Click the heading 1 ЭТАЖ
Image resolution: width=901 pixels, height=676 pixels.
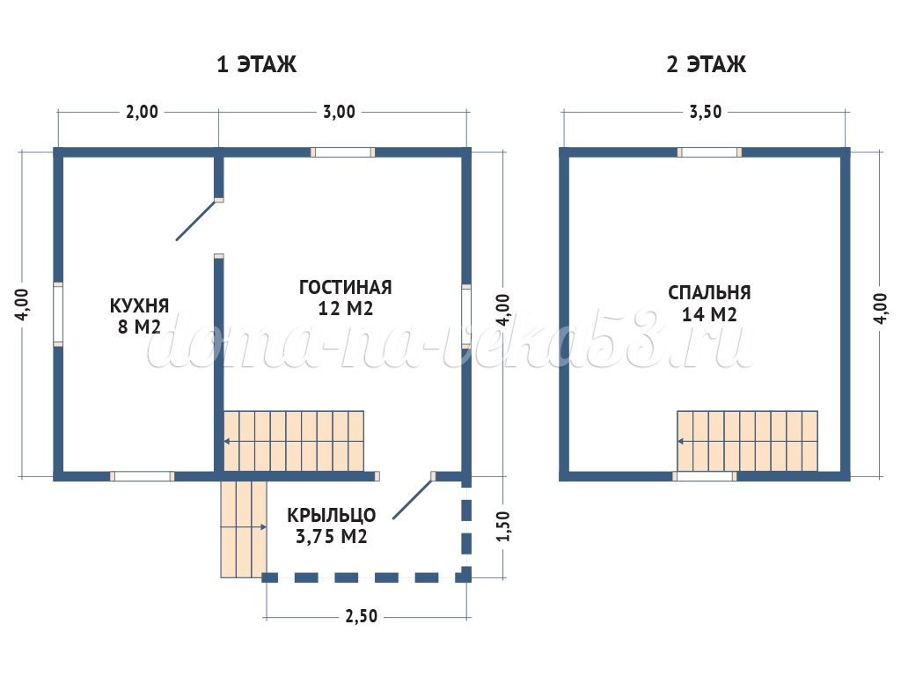(x=257, y=63)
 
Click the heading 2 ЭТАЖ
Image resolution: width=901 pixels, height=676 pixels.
(x=707, y=63)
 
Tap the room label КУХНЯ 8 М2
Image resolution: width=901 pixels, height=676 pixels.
(x=139, y=316)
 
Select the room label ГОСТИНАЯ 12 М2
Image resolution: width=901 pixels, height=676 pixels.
(x=345, y=298)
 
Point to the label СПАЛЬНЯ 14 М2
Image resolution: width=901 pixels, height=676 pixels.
(x=709, y=303)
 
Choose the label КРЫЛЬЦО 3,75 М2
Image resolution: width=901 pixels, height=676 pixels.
(x=332, y=525)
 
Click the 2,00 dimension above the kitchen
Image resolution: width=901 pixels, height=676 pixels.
(x=142, y=112)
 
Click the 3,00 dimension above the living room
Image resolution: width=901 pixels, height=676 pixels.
(x=339, y=112)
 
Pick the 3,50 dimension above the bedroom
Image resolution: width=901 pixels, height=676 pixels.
(x=706, y=112)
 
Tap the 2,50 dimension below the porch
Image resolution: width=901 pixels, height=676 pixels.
(x=361, y=616)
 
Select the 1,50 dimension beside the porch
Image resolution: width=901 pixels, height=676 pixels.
(x=502, y=526)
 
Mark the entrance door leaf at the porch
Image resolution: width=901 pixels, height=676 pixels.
(x=412, y=499)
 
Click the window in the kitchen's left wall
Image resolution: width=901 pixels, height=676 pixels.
(x=58, y=314)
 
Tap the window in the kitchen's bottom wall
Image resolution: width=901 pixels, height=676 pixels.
(x=142, y=476)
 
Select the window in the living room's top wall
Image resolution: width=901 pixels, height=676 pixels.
(x=343, y=152)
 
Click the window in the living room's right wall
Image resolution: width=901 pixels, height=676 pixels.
(x=466, y=316)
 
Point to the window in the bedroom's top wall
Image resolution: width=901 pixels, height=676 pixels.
(x=710, y=152)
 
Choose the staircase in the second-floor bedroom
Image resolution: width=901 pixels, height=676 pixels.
(x=747, y=442)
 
